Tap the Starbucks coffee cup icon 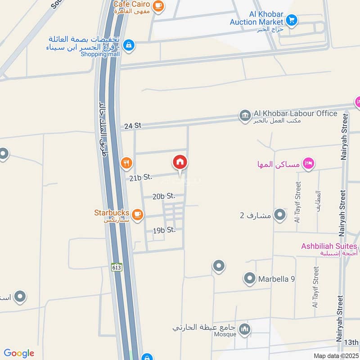138,216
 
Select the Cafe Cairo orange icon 158,5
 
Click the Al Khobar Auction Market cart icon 292,20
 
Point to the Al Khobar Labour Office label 295,113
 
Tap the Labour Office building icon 245,116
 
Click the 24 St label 133,126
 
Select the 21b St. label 140,178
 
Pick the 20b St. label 163,196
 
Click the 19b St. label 164,230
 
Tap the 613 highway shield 117,267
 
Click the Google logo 19,353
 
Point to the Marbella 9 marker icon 249,279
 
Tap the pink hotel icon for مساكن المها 308,163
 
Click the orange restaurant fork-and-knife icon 127,163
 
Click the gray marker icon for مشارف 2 280,215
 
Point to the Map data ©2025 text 335,355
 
